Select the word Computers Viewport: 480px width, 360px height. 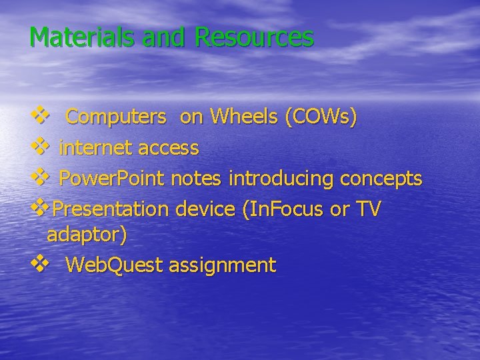click(x=116, y=117)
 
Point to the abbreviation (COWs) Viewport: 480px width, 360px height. click(x=321, y=117)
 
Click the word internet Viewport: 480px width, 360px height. click(x=96, y=148)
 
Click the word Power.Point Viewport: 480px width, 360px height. click(x=111, y=179)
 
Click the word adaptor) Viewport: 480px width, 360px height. click(x=87, y=235)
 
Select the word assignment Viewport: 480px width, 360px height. click(x=222, y=265)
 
